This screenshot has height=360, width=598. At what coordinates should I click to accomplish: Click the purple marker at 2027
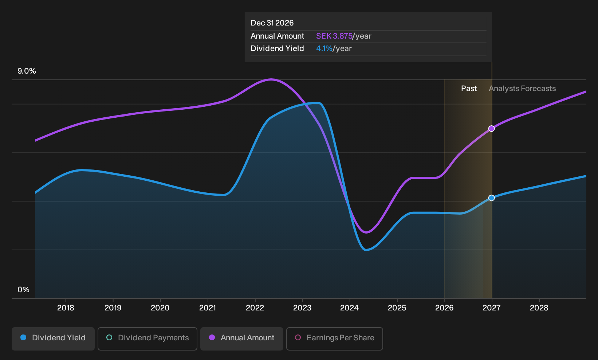[x=492, y=129]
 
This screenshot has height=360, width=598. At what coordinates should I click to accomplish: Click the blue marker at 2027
[x=492, y=198]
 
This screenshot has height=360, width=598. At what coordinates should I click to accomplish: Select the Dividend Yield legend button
[x=53, y=339]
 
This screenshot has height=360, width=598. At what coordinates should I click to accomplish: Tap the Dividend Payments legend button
[x=147, y=339]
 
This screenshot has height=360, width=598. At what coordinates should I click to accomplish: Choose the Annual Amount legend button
[x=241, y=339]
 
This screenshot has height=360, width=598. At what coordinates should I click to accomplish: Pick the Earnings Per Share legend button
[x=334, y=339]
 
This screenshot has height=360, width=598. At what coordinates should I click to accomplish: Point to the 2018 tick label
[x=66, y=308]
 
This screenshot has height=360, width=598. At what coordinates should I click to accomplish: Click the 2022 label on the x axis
[x=255, y=308]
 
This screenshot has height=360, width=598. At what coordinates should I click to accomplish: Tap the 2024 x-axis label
[x=350, y=308]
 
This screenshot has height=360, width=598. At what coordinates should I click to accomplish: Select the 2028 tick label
[x=539, y=308]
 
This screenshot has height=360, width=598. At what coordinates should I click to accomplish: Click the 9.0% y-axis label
[x=27, y=71]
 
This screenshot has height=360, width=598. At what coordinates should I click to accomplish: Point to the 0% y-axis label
[x=24, y=290]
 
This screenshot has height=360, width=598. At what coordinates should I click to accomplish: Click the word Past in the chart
[x=469, y=89]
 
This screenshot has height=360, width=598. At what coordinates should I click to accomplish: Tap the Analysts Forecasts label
[x=522, y=89]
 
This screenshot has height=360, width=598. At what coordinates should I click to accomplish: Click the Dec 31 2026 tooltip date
[x=272, y=23]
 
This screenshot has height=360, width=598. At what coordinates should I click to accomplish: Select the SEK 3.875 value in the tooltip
[x=334, y=36]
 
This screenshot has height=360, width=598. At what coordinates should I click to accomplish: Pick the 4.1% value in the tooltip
[x=324, y=48]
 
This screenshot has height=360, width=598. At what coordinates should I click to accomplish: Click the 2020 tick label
[x=160, y=308]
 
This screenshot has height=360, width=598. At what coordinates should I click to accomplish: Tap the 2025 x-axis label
[x=397, y=308]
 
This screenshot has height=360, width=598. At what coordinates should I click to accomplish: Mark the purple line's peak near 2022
[x=271, y=79]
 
